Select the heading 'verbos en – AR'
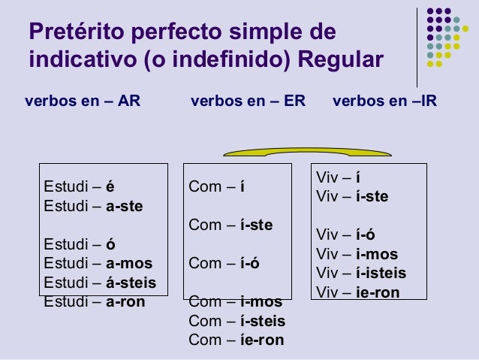click(x=83, y=101)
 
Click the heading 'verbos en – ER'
click(x=249, y=101)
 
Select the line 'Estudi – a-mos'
click(x=98, y=264)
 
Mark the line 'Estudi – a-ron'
click(x=95, y=302)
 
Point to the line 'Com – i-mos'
click(x=235, y=302)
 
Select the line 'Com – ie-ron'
click(x=236, y=340)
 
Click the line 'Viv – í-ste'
click(x=352, y=198)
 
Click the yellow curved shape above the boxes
click(x=265, y=153)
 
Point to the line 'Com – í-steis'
click(x=237, y=322)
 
